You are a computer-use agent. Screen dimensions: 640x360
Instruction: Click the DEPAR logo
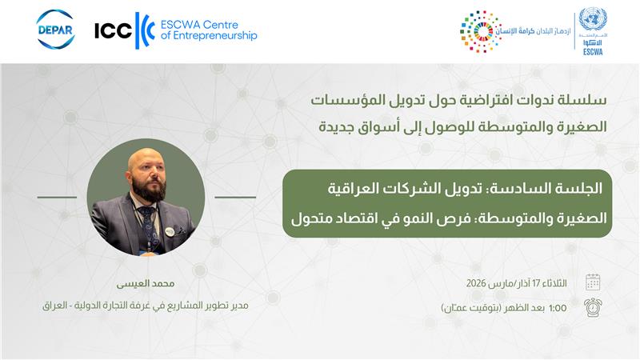55,30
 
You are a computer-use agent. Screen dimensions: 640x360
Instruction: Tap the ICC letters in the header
113,30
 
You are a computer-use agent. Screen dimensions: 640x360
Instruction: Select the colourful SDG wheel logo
481,31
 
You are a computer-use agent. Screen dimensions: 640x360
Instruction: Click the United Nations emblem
593,18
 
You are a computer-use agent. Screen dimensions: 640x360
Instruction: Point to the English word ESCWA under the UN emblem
593,52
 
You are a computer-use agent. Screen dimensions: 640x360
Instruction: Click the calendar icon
593,282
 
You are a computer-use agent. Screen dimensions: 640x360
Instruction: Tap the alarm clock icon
593,307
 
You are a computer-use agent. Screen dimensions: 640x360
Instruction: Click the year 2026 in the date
476,283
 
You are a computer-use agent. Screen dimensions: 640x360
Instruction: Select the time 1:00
558,308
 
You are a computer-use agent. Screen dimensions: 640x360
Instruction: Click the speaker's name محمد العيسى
146,284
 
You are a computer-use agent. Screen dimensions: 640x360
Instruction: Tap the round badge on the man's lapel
170,231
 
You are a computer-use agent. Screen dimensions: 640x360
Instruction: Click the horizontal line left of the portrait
57,197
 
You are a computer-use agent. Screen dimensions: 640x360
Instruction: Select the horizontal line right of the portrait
235,197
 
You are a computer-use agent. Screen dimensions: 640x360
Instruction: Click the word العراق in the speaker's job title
54,306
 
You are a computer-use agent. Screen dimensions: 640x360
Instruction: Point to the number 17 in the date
536,283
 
